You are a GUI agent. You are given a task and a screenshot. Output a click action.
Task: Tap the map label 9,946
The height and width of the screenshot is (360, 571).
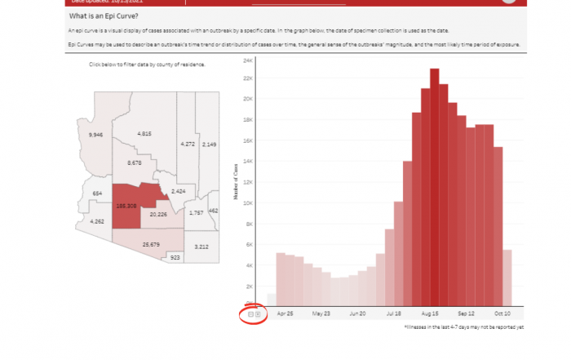tap(96, 134)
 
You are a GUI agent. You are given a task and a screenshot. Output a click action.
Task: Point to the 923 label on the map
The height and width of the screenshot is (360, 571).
tap(174, 257)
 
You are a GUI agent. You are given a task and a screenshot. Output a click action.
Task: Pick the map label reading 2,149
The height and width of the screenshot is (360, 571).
tap(209, 144)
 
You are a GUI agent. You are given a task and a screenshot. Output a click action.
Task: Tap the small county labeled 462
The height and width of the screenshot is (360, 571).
tap(213, 211)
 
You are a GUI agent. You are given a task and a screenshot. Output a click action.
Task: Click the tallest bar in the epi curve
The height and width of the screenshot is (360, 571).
tap(435, 187)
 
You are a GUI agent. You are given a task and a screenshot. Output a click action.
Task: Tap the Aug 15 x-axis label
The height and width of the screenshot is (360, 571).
tap(432, 313)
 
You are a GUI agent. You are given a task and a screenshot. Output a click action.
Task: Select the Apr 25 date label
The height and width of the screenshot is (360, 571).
tap(285, 313)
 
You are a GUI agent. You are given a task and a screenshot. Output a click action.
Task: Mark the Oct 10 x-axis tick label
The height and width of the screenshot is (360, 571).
tap(501, 313)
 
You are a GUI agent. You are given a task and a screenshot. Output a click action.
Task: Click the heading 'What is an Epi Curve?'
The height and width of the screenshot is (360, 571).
tap(104, 16)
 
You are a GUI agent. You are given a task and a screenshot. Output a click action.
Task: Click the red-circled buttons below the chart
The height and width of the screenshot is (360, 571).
tap(254, 314)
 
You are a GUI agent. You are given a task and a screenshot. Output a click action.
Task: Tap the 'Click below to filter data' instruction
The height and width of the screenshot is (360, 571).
tap(147, 64)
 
